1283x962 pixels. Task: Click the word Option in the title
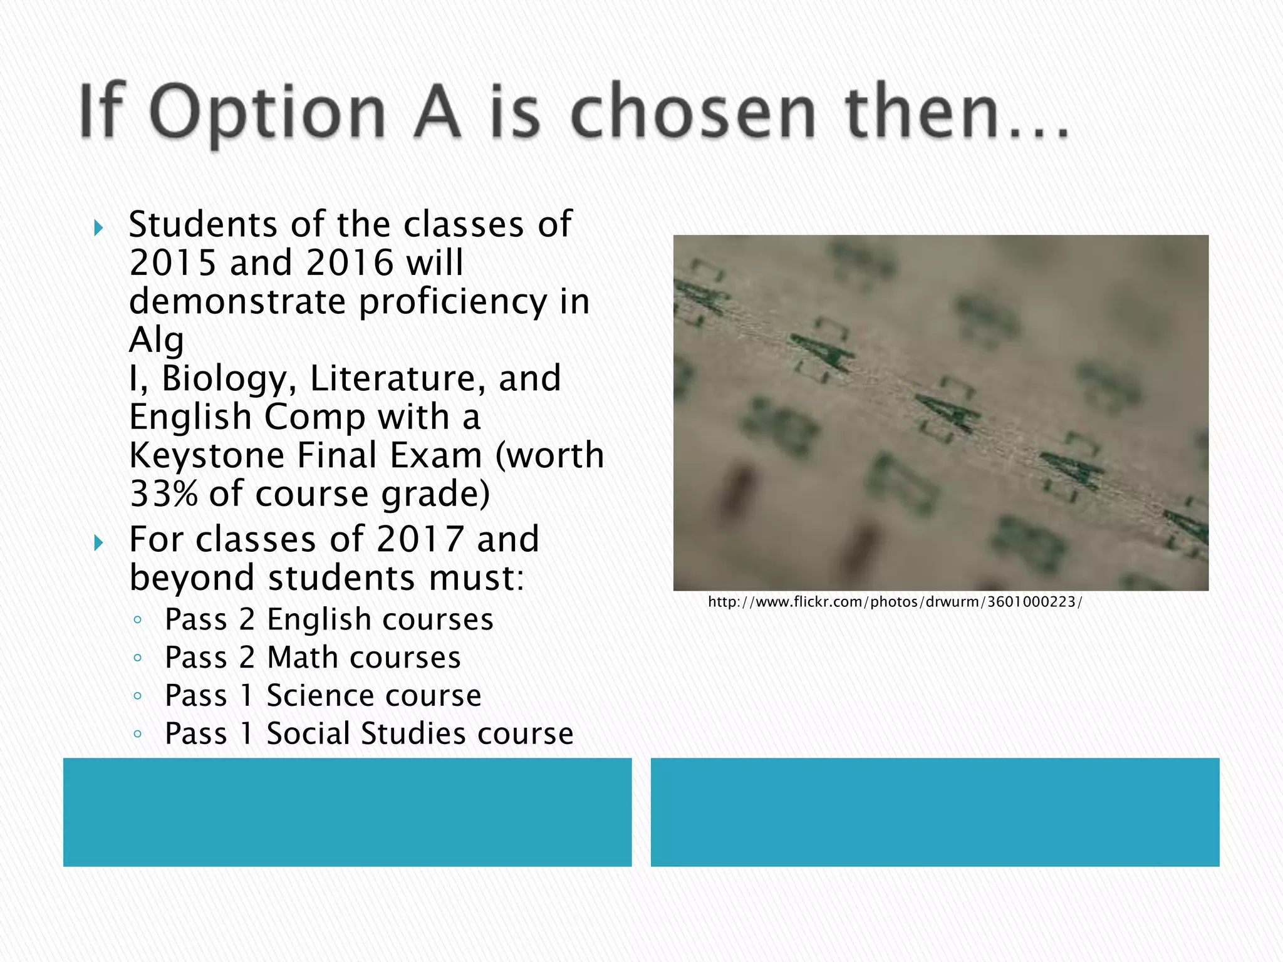click(268, 113)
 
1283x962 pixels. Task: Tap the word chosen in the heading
click(694, 113)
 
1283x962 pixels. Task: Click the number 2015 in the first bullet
click(174, 262)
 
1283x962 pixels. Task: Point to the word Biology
click(229, 378)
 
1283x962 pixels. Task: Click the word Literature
click(398, 378)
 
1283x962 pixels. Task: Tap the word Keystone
click(207, 455)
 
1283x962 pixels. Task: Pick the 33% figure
click(164, 494)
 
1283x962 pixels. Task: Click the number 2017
click(420, 539)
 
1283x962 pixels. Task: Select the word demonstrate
click(237, 301)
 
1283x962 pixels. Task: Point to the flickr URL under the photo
click(895, 603)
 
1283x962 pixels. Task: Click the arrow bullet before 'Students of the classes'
click(98, 227)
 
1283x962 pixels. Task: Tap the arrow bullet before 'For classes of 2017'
click(98, 542)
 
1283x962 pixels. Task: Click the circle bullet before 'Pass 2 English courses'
click(138, 620)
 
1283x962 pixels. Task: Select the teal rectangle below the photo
click(935, 812)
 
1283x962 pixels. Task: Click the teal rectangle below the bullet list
click(347, 812)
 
